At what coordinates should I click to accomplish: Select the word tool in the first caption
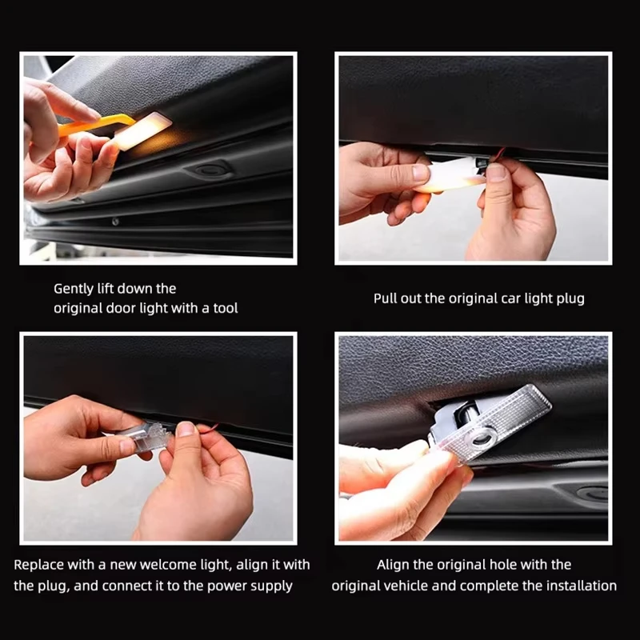point(225,307)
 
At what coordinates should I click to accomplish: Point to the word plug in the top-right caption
point(570,298)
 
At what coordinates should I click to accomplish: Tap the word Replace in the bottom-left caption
point(38,565)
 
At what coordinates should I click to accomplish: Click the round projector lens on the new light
point(482,436)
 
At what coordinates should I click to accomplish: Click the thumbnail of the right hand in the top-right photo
point(496,172)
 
